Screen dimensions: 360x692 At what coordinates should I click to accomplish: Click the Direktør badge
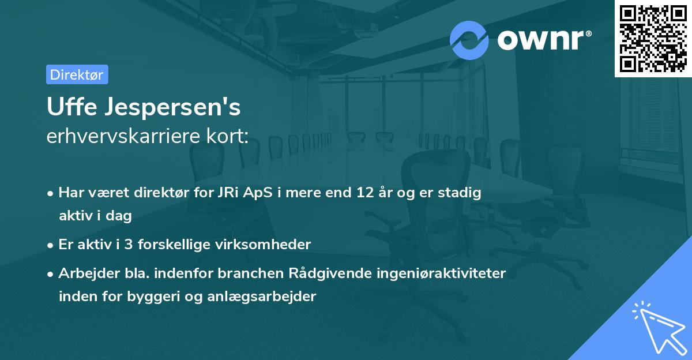click(x=77, y=74)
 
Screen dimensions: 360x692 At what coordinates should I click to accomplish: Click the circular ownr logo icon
click(x=469, y=40)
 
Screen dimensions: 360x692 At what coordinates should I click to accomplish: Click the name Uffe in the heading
click(x=68, y=107)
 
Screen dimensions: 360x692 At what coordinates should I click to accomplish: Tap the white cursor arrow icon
click(x=656, y=327)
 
